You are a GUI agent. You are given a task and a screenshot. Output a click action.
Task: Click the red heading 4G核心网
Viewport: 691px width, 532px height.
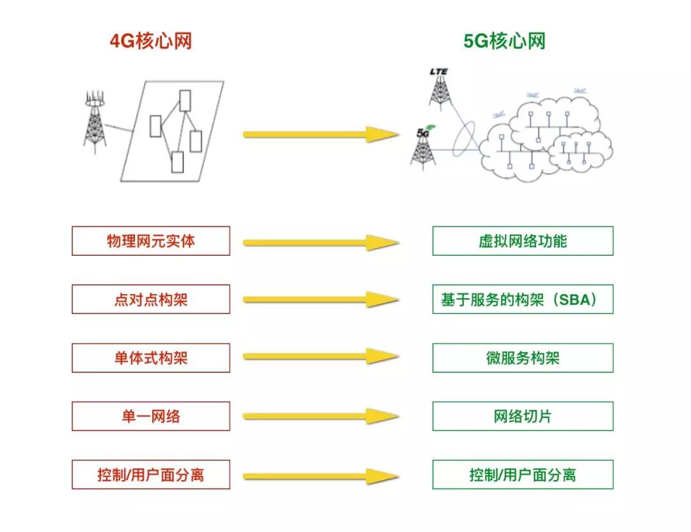pos(151,42)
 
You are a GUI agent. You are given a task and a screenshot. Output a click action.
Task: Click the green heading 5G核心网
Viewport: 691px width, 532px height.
pos(505,42)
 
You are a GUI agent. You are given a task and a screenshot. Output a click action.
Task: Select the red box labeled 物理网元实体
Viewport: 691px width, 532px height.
pos(151,241)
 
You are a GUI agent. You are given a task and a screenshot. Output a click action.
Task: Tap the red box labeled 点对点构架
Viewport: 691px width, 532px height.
pos(151,299)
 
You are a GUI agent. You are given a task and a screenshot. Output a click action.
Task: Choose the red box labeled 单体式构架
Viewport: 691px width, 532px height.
pos(151,358)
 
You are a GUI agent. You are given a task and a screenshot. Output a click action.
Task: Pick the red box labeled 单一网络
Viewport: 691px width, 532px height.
pos(151,416)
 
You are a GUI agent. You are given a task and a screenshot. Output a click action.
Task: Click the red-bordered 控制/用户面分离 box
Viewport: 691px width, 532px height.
pos(151,474)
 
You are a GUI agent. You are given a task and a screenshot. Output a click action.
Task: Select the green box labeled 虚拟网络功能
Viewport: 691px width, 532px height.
pos(523,241)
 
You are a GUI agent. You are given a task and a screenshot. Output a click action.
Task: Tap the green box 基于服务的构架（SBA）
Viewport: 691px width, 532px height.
pos(523,299)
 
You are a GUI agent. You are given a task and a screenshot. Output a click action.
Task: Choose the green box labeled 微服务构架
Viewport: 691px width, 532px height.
pos(523,358)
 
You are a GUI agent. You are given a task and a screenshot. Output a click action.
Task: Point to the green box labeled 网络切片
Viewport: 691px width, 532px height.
pos(523,416)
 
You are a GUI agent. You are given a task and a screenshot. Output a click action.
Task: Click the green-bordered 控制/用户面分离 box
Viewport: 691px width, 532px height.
pos(523,474)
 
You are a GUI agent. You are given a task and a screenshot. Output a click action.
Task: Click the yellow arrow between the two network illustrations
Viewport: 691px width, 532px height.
pos(320,134)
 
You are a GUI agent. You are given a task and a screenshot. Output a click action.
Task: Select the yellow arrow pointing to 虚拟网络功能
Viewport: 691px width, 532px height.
pos(320,242)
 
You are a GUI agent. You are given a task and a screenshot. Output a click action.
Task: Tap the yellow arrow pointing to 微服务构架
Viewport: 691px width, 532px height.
pos(320,357)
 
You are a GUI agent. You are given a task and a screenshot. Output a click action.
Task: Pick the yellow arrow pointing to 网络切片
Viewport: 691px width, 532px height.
pos(320,416)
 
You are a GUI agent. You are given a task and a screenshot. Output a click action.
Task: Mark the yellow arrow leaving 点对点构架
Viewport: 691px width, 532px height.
pos(320,299)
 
